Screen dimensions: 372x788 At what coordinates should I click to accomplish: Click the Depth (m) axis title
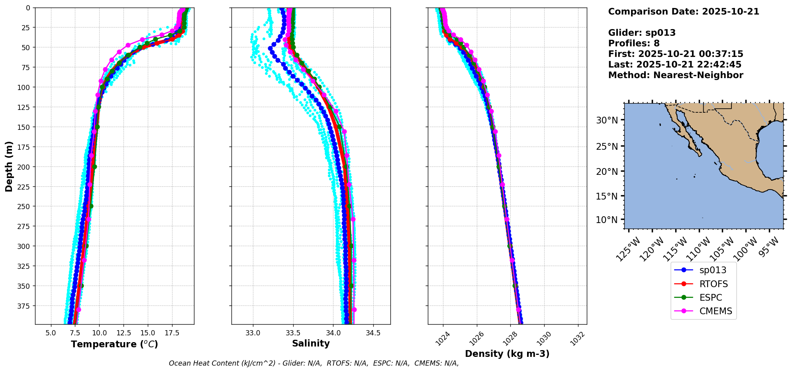pyautogui.click(x=9, y=166)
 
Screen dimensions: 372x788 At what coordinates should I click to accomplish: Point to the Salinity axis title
pyautogui.click(x=311, y=343)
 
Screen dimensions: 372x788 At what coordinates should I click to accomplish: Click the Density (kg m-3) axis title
pyautogui.click(x=507, y=354)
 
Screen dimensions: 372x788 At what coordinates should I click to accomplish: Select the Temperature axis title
pyautogui.click(x=114, y=344)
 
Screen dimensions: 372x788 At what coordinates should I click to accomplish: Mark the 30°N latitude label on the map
pyautogui.click(x=607, y=120)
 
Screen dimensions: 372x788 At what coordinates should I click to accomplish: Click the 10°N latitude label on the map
pyautogui.click(x=607, y=220)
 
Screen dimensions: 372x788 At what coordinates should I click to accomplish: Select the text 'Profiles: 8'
pyautogui.click(x=633, y=43)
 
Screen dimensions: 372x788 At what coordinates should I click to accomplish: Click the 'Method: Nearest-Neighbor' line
pyautogui.click(x=675, y=75)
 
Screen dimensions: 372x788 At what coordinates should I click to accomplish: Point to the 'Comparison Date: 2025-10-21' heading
pyautogui.click(x=683, y=12)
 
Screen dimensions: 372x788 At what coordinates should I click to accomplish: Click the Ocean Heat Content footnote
pyautogui.click(x=314, y=363)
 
